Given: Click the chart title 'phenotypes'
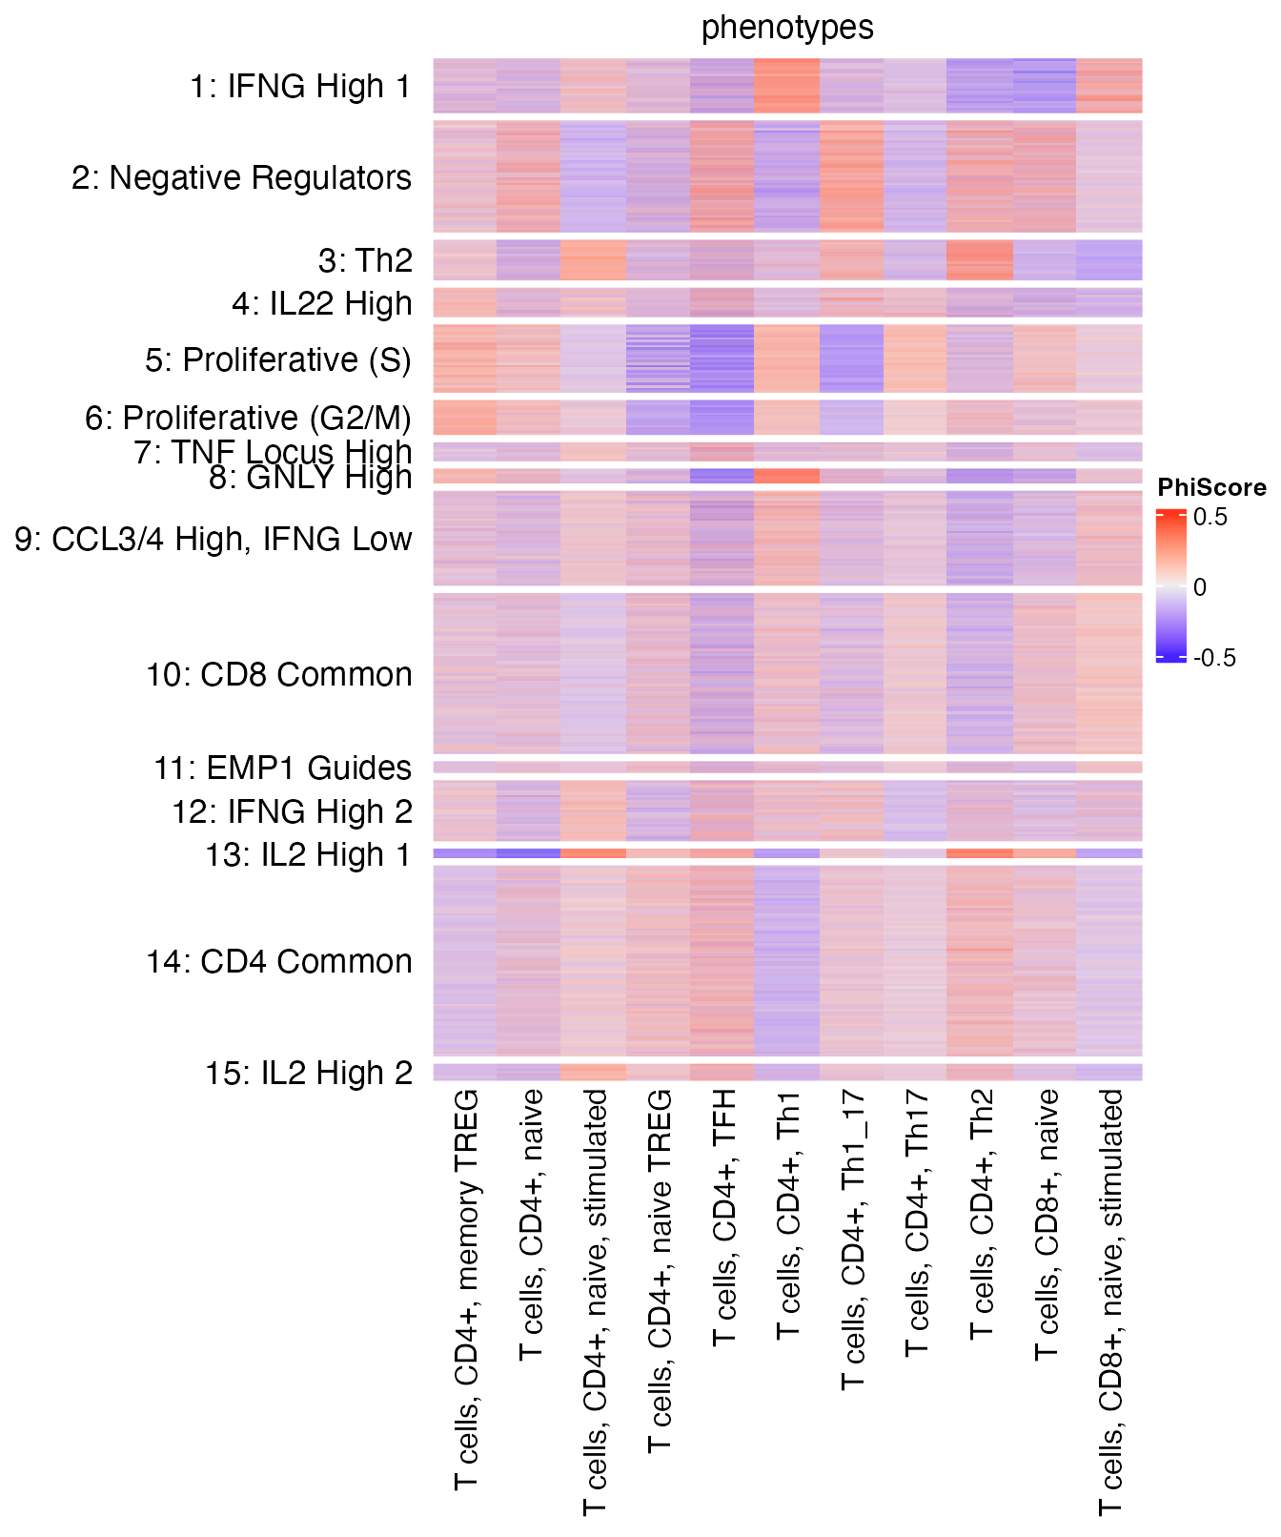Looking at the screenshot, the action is (787, 28).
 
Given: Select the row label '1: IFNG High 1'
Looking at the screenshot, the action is (300, 87).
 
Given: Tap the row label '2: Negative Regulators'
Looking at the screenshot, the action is (242, 177).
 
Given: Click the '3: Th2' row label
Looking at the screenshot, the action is (365, 260).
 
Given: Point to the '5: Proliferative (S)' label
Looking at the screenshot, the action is (278, 360).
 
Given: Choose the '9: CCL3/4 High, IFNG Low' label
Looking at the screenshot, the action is (213, 540).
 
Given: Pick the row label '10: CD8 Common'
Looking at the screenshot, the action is (279, 675).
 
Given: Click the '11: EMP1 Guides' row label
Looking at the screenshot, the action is (283, 768).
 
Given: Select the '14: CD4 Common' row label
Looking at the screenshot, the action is (279, 962).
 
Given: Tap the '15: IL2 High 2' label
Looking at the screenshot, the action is (309, 1074).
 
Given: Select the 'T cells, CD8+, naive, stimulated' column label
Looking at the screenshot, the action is (1110, 1302).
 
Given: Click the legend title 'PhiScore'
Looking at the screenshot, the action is (1211, 488).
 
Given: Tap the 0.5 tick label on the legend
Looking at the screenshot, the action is (1210, 518).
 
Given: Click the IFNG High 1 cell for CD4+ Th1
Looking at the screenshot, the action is (787, 86).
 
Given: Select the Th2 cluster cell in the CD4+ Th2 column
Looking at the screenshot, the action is (980, 259).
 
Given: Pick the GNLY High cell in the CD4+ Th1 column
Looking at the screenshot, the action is (787, 476).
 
